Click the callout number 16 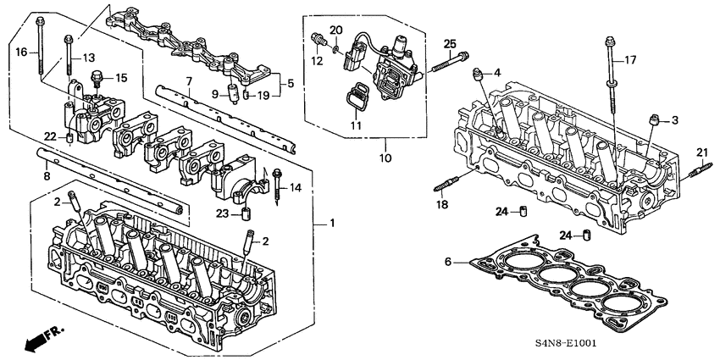(x=21, y=52)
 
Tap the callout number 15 (x=120, y=78)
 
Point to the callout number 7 (x=190, y=80)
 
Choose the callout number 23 (x=222, y=213)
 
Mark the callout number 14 (x=296, y=186)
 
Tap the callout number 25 (x=449, y=43)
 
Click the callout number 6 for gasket (x=449, y=263)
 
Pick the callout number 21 (x=701, y=152)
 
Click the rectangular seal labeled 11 (x=357, y=97)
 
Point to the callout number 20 (x=336, y=30)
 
